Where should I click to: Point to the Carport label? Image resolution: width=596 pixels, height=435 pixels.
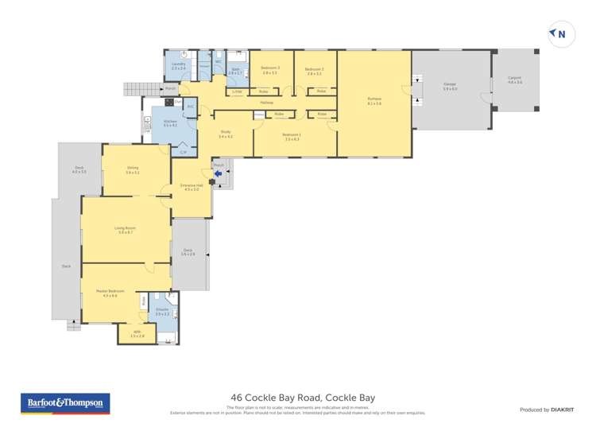(515, 80)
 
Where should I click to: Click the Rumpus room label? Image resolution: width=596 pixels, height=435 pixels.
(374, 101)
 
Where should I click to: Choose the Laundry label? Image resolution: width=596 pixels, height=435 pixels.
(178, 66)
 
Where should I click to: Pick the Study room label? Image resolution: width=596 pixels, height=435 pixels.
(226, 135)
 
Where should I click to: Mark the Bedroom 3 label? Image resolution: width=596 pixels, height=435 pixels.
(270, 69)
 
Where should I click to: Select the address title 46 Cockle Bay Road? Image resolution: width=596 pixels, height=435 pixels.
(302, 397)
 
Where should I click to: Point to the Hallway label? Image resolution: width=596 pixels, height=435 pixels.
(266, 103)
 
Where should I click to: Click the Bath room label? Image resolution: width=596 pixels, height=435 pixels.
(235, 70)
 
